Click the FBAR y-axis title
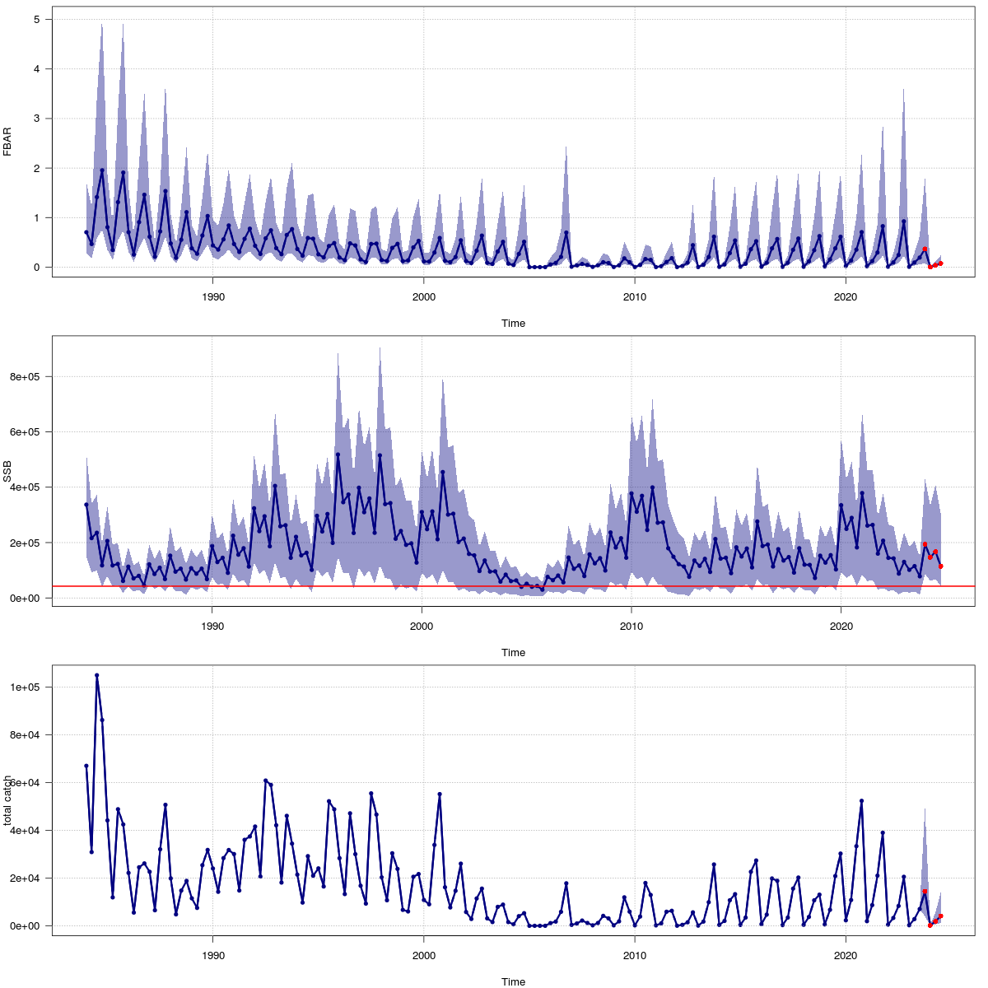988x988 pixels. [7, 142]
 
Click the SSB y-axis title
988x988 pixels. [7, 472]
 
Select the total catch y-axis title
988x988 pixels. [7, 800]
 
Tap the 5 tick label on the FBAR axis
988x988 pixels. [35, 19]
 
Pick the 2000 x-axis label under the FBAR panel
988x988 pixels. [423, 296]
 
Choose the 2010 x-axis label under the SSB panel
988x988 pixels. [631, 626]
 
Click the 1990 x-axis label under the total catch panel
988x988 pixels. [213, 955]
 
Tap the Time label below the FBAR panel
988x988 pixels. [513, 324]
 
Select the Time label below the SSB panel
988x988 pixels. [513, 653]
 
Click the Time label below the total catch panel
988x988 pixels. [513, 981]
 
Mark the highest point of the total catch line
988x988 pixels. [96, 675]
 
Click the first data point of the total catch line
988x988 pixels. [86, 766]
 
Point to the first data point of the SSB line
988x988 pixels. [86, 505]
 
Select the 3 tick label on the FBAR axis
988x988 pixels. [35, 119]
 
